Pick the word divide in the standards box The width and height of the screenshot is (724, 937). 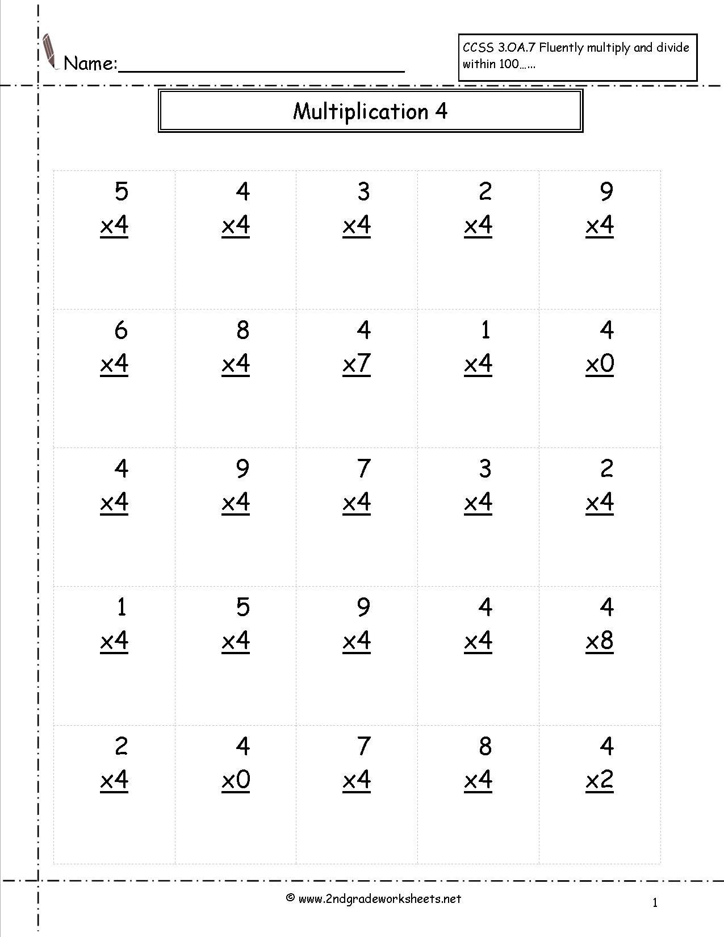(673, 48)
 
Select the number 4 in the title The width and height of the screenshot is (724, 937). (442, 111)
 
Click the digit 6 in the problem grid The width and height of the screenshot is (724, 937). (121, 330)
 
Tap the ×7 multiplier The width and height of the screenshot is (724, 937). (357, 364)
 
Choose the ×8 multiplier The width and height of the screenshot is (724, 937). (600, 641)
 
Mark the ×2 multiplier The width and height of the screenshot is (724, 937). (600, 780)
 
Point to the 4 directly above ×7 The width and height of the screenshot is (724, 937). (364, 330)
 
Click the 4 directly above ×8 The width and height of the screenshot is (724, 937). (606, 607)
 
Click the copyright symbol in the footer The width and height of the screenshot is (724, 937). (290, 898)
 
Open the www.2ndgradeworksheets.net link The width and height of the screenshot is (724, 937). (379, 898)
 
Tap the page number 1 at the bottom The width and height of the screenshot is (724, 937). (655, 902)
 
